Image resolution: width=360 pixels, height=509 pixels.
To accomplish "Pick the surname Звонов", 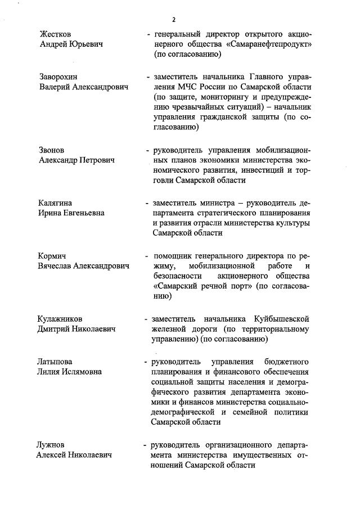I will pyautogui.click(x=52, y=150).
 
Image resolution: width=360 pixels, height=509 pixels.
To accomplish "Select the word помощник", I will pyautogui.click(x=179, y=255).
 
